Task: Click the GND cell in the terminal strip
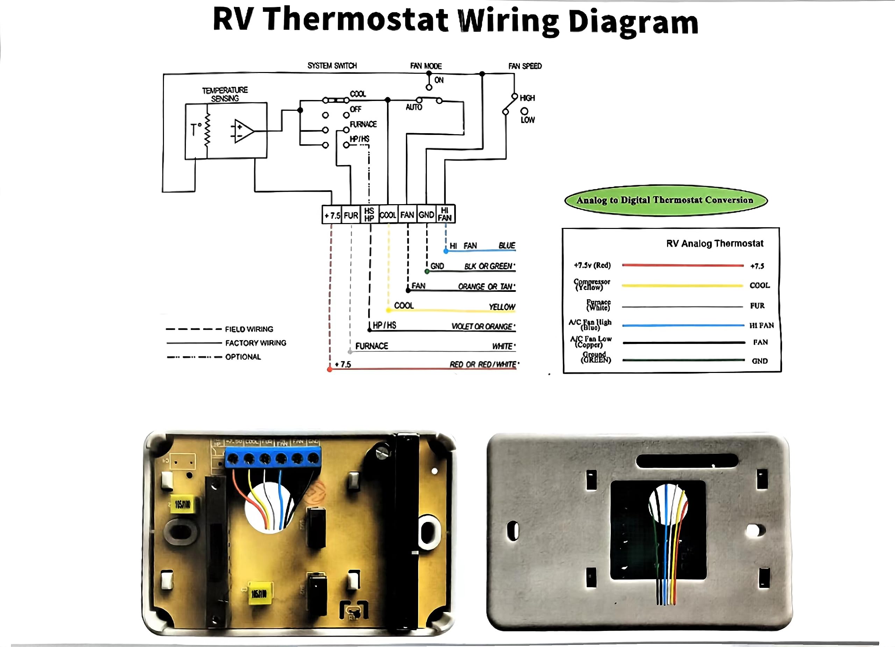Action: [x=426, y=215]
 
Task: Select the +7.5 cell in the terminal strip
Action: [x=332, y=215]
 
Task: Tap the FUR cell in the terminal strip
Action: [x=351, y=215]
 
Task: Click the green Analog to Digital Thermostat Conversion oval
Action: [x=666, y=200]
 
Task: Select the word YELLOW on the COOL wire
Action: [x=502, y=307]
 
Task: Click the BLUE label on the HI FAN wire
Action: [x=507, y=245]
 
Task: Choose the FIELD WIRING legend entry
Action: [x=249, y=329]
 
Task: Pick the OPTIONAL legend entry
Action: [x=243, y=357]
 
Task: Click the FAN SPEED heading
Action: [x=525, y=66]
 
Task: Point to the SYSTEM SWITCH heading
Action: [x=332, y=65]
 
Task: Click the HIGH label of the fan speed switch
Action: [x=527, y=98]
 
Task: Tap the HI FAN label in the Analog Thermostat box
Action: [x=761, y=325]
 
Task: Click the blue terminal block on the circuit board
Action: [x=273, y=458]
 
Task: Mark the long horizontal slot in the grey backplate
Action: [x=687, y=460]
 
